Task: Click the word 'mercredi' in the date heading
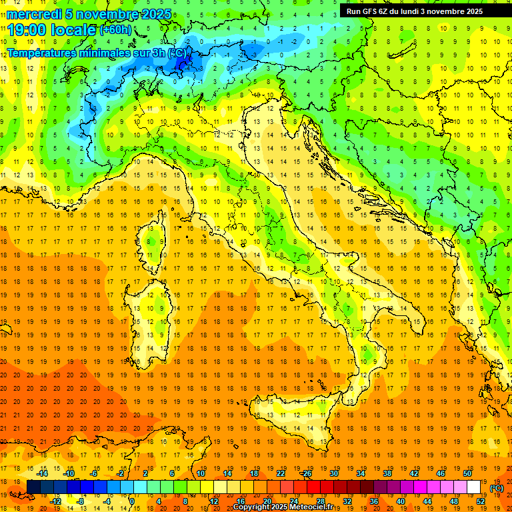pos(34,14)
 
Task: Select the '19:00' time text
pos(25,29)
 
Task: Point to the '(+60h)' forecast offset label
pos(115,30)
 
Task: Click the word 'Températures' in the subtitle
pos(45,52)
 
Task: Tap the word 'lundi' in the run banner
pos(419,11)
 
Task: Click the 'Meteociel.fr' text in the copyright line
pos(316,507)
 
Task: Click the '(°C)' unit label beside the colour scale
pos(496,488)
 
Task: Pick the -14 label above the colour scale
pos(42,473)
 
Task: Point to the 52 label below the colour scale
pos(481,501)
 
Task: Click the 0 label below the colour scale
pos(132,501)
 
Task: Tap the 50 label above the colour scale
pos(467,473)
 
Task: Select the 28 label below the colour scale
pos(320,501)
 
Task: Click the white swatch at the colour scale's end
pos(474,487)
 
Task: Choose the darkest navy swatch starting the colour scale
pos(33,487)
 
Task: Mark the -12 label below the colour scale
pos(56,501)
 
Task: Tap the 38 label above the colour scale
pos(387,473)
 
